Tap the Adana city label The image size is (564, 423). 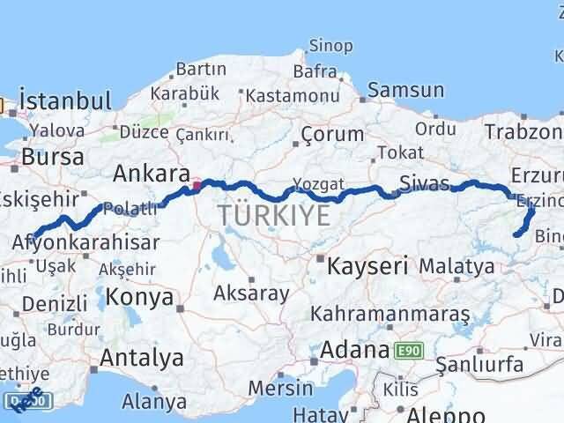coord(354,350)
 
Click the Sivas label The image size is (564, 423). coord(424,183)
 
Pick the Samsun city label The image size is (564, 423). coord(405,89)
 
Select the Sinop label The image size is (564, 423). coord(330,46)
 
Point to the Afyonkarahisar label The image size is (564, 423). coord(87,242)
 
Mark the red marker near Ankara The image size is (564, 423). coord(197,186)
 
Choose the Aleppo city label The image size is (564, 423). coord(441,415)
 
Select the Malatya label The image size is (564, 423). coord(456,265)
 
